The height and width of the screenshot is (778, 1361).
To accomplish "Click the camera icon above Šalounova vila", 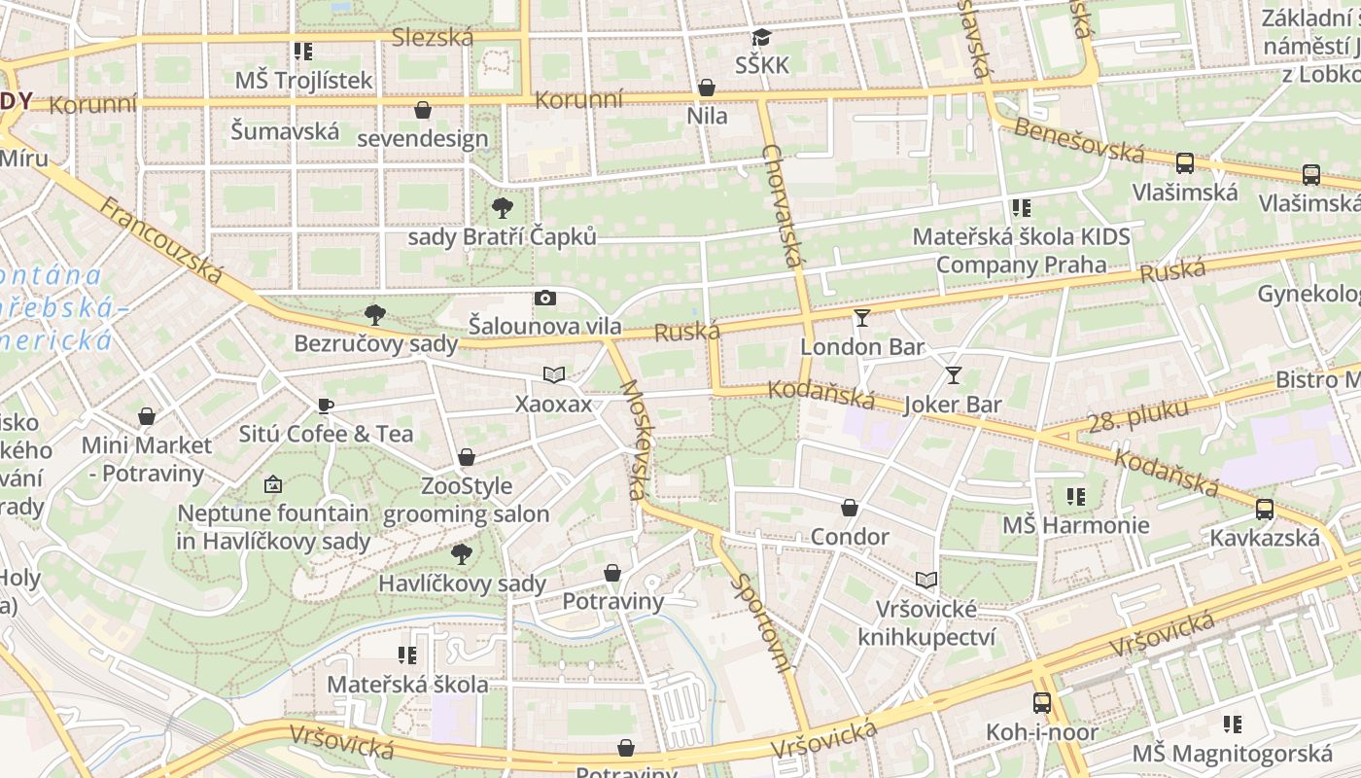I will point(545,298).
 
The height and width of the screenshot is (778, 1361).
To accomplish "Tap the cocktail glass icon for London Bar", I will point(861,318).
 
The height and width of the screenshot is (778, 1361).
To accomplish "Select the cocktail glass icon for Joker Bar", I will point(954,375).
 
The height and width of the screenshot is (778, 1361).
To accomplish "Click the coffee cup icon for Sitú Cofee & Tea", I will point(326,406).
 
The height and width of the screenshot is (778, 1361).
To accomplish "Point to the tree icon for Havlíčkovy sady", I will point(462,554).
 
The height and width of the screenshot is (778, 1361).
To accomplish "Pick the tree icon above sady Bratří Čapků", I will point(502,207).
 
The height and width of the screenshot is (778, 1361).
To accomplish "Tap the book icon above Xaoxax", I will point(553,375).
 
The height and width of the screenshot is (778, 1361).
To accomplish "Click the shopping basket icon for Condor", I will point(850,508).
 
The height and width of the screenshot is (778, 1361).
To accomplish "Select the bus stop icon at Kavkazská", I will point(1264,509).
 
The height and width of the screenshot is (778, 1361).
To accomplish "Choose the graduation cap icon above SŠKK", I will point(761,37).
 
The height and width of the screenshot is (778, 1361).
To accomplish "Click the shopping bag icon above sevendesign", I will point(423,110).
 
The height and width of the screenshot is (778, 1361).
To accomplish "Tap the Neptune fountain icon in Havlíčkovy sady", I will point(273,483).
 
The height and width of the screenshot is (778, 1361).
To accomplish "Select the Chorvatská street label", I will point(785,206).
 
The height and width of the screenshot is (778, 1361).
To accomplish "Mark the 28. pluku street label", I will point(1138,415).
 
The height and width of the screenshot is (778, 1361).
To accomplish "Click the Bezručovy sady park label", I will point(375,343).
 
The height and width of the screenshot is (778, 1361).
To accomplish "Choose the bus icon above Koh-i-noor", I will point(1041,702).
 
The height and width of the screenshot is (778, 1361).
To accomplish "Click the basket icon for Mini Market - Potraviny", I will point(147,417).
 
